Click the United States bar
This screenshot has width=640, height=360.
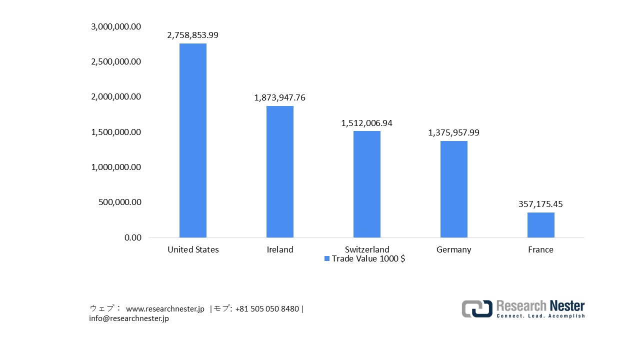pos(193,140)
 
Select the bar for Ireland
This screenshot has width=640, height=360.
pos(280,171)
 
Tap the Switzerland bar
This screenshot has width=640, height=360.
pos(367,184)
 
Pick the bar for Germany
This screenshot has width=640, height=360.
pos(454,189)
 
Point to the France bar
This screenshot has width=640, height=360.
pos(541,225)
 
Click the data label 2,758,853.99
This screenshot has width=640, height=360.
pos(193,35)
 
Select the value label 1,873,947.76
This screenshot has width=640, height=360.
pos(280,98)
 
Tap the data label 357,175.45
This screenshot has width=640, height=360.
pos(541,204)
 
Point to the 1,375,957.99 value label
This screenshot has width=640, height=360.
pos(454,133)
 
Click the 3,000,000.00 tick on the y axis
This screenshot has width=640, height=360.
pos(116,26)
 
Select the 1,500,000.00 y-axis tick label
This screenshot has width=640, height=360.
pos(116,132)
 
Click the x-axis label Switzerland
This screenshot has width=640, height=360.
pos(367,249)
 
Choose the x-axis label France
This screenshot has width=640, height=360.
pos(541,249)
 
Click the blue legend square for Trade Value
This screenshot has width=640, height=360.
pos(327,258)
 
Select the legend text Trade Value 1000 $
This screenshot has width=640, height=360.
pos(368,258)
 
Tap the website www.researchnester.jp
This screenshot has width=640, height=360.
pos(165,309)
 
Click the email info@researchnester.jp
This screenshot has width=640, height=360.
pos(129,318)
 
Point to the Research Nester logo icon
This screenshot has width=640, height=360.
pos(476,308)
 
